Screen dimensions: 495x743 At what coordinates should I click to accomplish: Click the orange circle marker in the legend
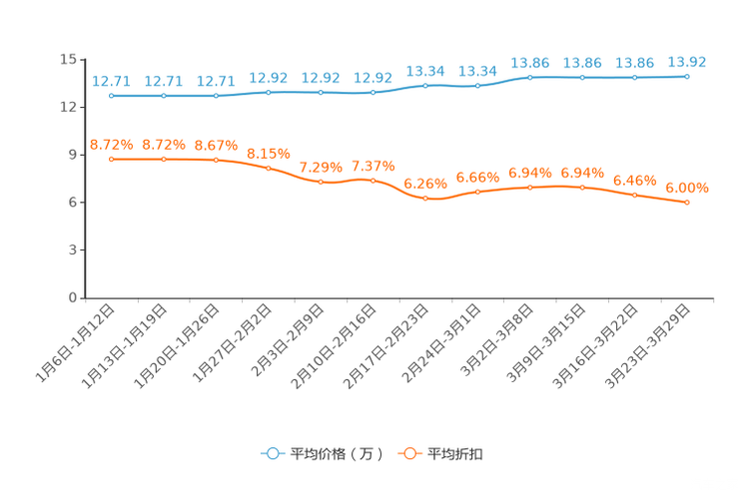409,454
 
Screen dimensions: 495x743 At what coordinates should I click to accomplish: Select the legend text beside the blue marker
338,454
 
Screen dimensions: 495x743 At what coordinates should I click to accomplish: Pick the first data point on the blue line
111,96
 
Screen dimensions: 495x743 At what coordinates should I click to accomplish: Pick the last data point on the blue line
687,76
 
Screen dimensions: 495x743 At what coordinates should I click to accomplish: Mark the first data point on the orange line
111,159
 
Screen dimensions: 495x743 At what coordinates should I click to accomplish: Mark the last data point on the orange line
687,203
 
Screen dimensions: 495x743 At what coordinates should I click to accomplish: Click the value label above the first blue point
111,80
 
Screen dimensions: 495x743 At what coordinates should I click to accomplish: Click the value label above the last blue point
687,62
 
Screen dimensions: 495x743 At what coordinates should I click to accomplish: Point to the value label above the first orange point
111,145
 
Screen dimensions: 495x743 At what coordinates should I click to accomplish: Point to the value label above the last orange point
687,188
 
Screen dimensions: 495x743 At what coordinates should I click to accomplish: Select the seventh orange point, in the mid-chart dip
425,199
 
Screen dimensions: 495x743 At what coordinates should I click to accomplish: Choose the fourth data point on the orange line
268,168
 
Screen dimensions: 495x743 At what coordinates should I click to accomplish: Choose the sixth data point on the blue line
372,93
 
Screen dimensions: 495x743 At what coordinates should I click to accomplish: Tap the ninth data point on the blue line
530,77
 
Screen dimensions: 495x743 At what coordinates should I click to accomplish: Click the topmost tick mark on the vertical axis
81,60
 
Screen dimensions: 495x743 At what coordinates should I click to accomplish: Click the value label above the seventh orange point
425,184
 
